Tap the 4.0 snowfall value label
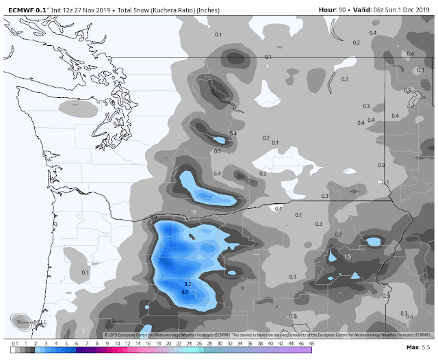[185, 293]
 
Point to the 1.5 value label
[347, 256]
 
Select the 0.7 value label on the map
[338, 235]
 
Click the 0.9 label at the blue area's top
[153, 217]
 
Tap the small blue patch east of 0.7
[374, 242]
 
